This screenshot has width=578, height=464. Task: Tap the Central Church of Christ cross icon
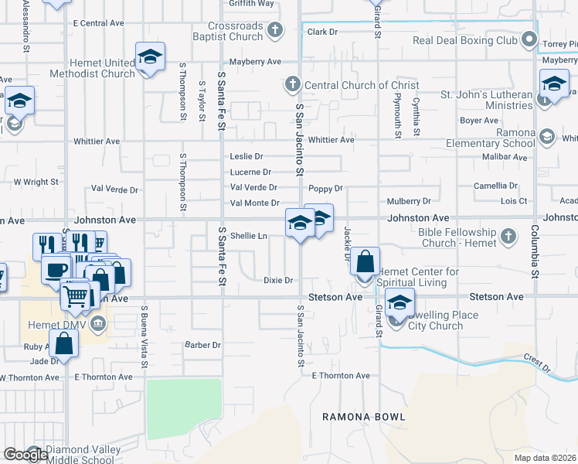[292, 84]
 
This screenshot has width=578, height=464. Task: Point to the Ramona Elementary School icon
[547, 137]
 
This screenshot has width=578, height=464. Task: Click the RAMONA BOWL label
[363, 417]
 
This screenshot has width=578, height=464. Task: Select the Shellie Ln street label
[249, 236]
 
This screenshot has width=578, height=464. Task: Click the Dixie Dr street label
[278, 280]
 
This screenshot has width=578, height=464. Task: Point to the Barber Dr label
[202, 345]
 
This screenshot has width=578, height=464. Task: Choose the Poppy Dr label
[325, 188]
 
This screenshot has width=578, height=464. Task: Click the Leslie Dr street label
[246, 156]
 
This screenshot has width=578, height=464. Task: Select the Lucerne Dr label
[250, 172]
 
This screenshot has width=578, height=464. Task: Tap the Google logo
[25, 455]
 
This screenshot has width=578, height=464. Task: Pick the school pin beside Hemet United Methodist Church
[151, 58]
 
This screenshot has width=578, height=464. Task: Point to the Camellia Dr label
[496, 186]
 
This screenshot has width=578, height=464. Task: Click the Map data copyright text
[546, 458]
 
